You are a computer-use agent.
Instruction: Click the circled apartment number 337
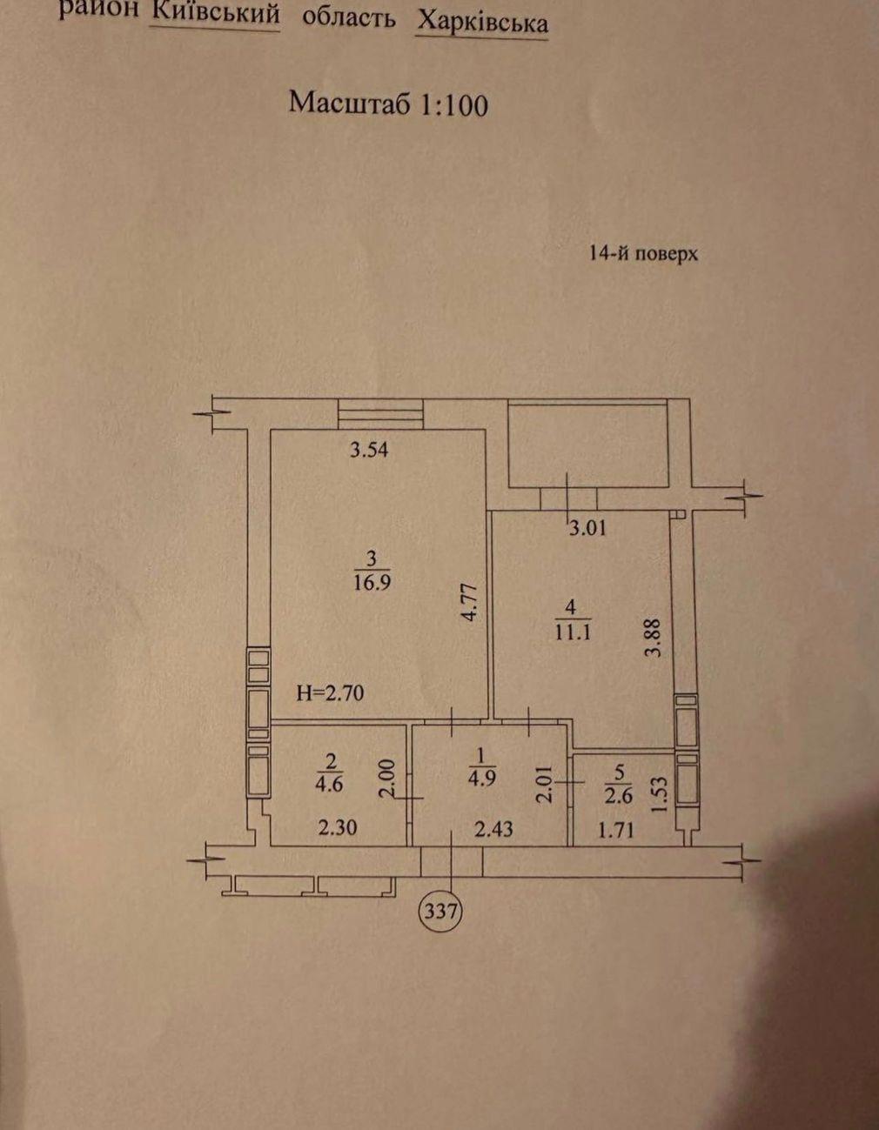pos(441,913)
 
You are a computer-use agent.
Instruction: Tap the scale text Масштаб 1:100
pos(388,104)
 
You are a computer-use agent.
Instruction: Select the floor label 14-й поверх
pos(643,254)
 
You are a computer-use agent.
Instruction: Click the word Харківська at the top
pos(482,21)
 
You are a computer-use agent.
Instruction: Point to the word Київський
pos(216,14)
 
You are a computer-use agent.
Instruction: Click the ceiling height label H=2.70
pos(330,693)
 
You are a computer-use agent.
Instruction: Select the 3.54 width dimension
pos(368,451)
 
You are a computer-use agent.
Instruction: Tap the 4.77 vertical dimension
pos(471,601)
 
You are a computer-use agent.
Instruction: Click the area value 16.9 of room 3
pos(372,582)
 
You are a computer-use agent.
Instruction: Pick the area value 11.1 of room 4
pos(573,632)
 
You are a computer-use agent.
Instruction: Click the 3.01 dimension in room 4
pos(587,526)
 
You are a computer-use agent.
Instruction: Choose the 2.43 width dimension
pos(493,829)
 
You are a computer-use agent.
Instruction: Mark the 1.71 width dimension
pos(614,830)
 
